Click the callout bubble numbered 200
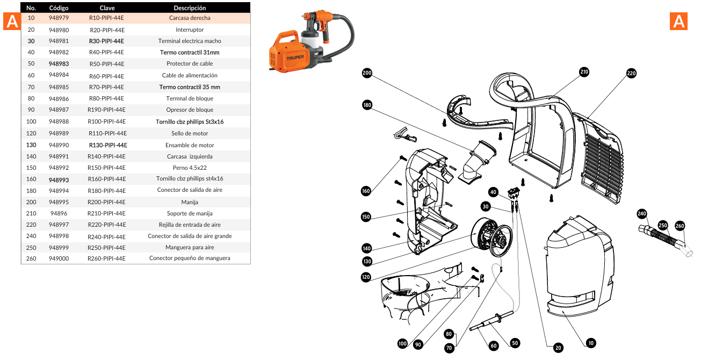tap(367, 74)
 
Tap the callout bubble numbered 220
tap(631, 74)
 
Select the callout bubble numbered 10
tap(590, 343)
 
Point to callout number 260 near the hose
tap(680, 226)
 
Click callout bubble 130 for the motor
tap(367, 262)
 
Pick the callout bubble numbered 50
tap(515, 343)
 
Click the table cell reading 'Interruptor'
tap(190, 30)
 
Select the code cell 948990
tap(59, 145)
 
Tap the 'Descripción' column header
tap(190, 8)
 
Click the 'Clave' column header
tap(107, 8)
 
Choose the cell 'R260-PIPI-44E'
tap(107, 258)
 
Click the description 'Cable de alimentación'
tap(190, 75)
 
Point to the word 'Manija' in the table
tap(190, 202)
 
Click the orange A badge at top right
tap(679, 21)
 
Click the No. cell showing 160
tap(31, 179)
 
